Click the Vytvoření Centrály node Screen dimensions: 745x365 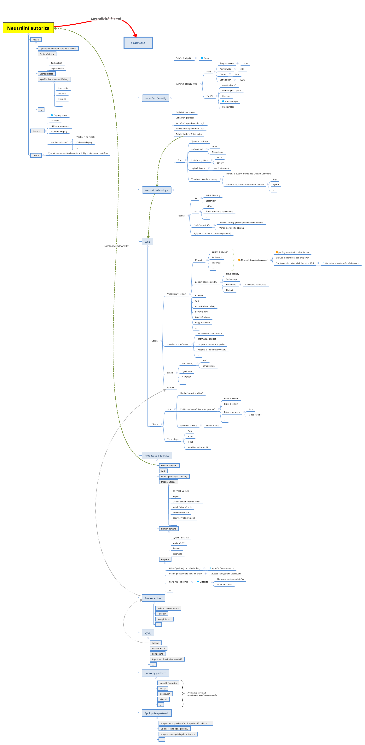click(x=155, y=98)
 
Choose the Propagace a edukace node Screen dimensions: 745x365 click(x=157, y=456)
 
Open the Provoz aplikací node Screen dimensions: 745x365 click(x=153, y=598)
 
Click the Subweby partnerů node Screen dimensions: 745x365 click(x=155, y=673)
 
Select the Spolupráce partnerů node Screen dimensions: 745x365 click(x=157, y=713)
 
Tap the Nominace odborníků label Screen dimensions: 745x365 click(x=116, y=246)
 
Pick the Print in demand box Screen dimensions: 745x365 click(x=168, y=529)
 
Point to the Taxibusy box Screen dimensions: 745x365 click(x=161, y=614)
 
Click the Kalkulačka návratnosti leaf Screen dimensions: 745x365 click(x=256, y=285)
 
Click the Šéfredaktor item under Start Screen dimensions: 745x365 click(x=225, y=80)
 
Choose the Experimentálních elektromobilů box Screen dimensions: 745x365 click(x=167, y=659)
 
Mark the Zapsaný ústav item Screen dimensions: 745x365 click(x=60, y=115)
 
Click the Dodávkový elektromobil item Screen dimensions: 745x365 click(x=184, y=518)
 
